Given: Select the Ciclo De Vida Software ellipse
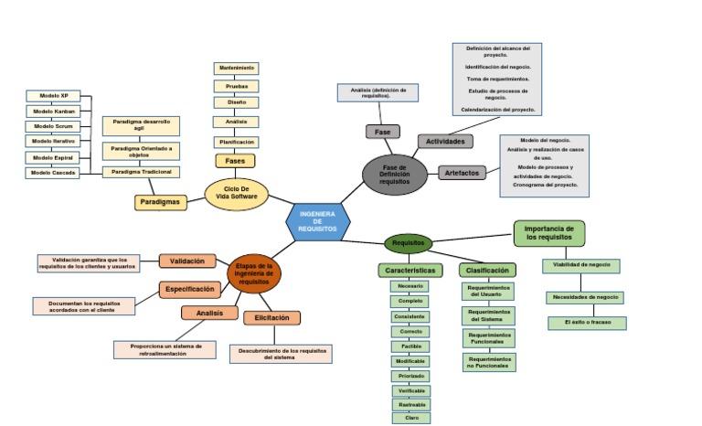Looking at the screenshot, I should tap(236, 194).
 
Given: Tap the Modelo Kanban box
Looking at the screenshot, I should tap(52, 111).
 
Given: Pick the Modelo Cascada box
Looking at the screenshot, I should tap(52, 172).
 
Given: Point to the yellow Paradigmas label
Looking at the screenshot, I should tap(161, 201).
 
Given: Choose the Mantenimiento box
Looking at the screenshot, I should tap(236, 68).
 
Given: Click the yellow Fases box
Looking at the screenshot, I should tap(235, 161).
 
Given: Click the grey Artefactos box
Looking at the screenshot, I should tap(463, 173).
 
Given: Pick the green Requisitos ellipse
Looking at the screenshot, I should tap(408, 243).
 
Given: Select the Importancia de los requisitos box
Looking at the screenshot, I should tap(549, 232).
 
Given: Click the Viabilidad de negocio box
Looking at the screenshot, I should tap(580, 266).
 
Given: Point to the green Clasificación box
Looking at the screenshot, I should tap(487, 271).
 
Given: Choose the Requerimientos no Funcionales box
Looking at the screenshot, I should tap(489, 363).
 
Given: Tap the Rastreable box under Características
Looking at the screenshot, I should tap(410, 404).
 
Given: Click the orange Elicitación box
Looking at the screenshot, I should tap(271, 318).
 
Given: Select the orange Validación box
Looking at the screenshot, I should tap(186, 261).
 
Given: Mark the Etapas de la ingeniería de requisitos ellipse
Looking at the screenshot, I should tap(254, 273).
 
